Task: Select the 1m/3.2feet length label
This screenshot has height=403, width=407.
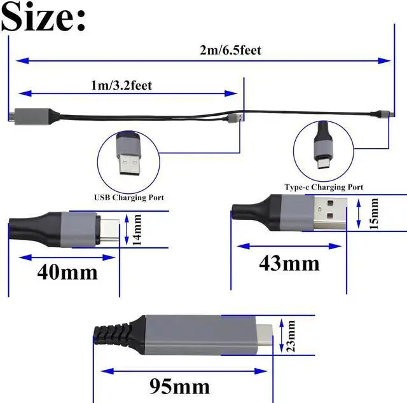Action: (x=121, y=84)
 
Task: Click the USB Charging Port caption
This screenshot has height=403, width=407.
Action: (x=129, y=198)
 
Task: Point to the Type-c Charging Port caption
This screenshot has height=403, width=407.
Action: (x=324, y=188)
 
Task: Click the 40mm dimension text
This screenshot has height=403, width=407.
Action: (x=67, y=272)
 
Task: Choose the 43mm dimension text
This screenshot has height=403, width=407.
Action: (x=289, y=262)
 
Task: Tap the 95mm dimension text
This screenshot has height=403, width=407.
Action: (x=179, y=385)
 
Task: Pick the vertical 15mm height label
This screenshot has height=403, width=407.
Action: (x=374, y=214)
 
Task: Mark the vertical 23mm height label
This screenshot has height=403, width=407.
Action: (x=291, y=335)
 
